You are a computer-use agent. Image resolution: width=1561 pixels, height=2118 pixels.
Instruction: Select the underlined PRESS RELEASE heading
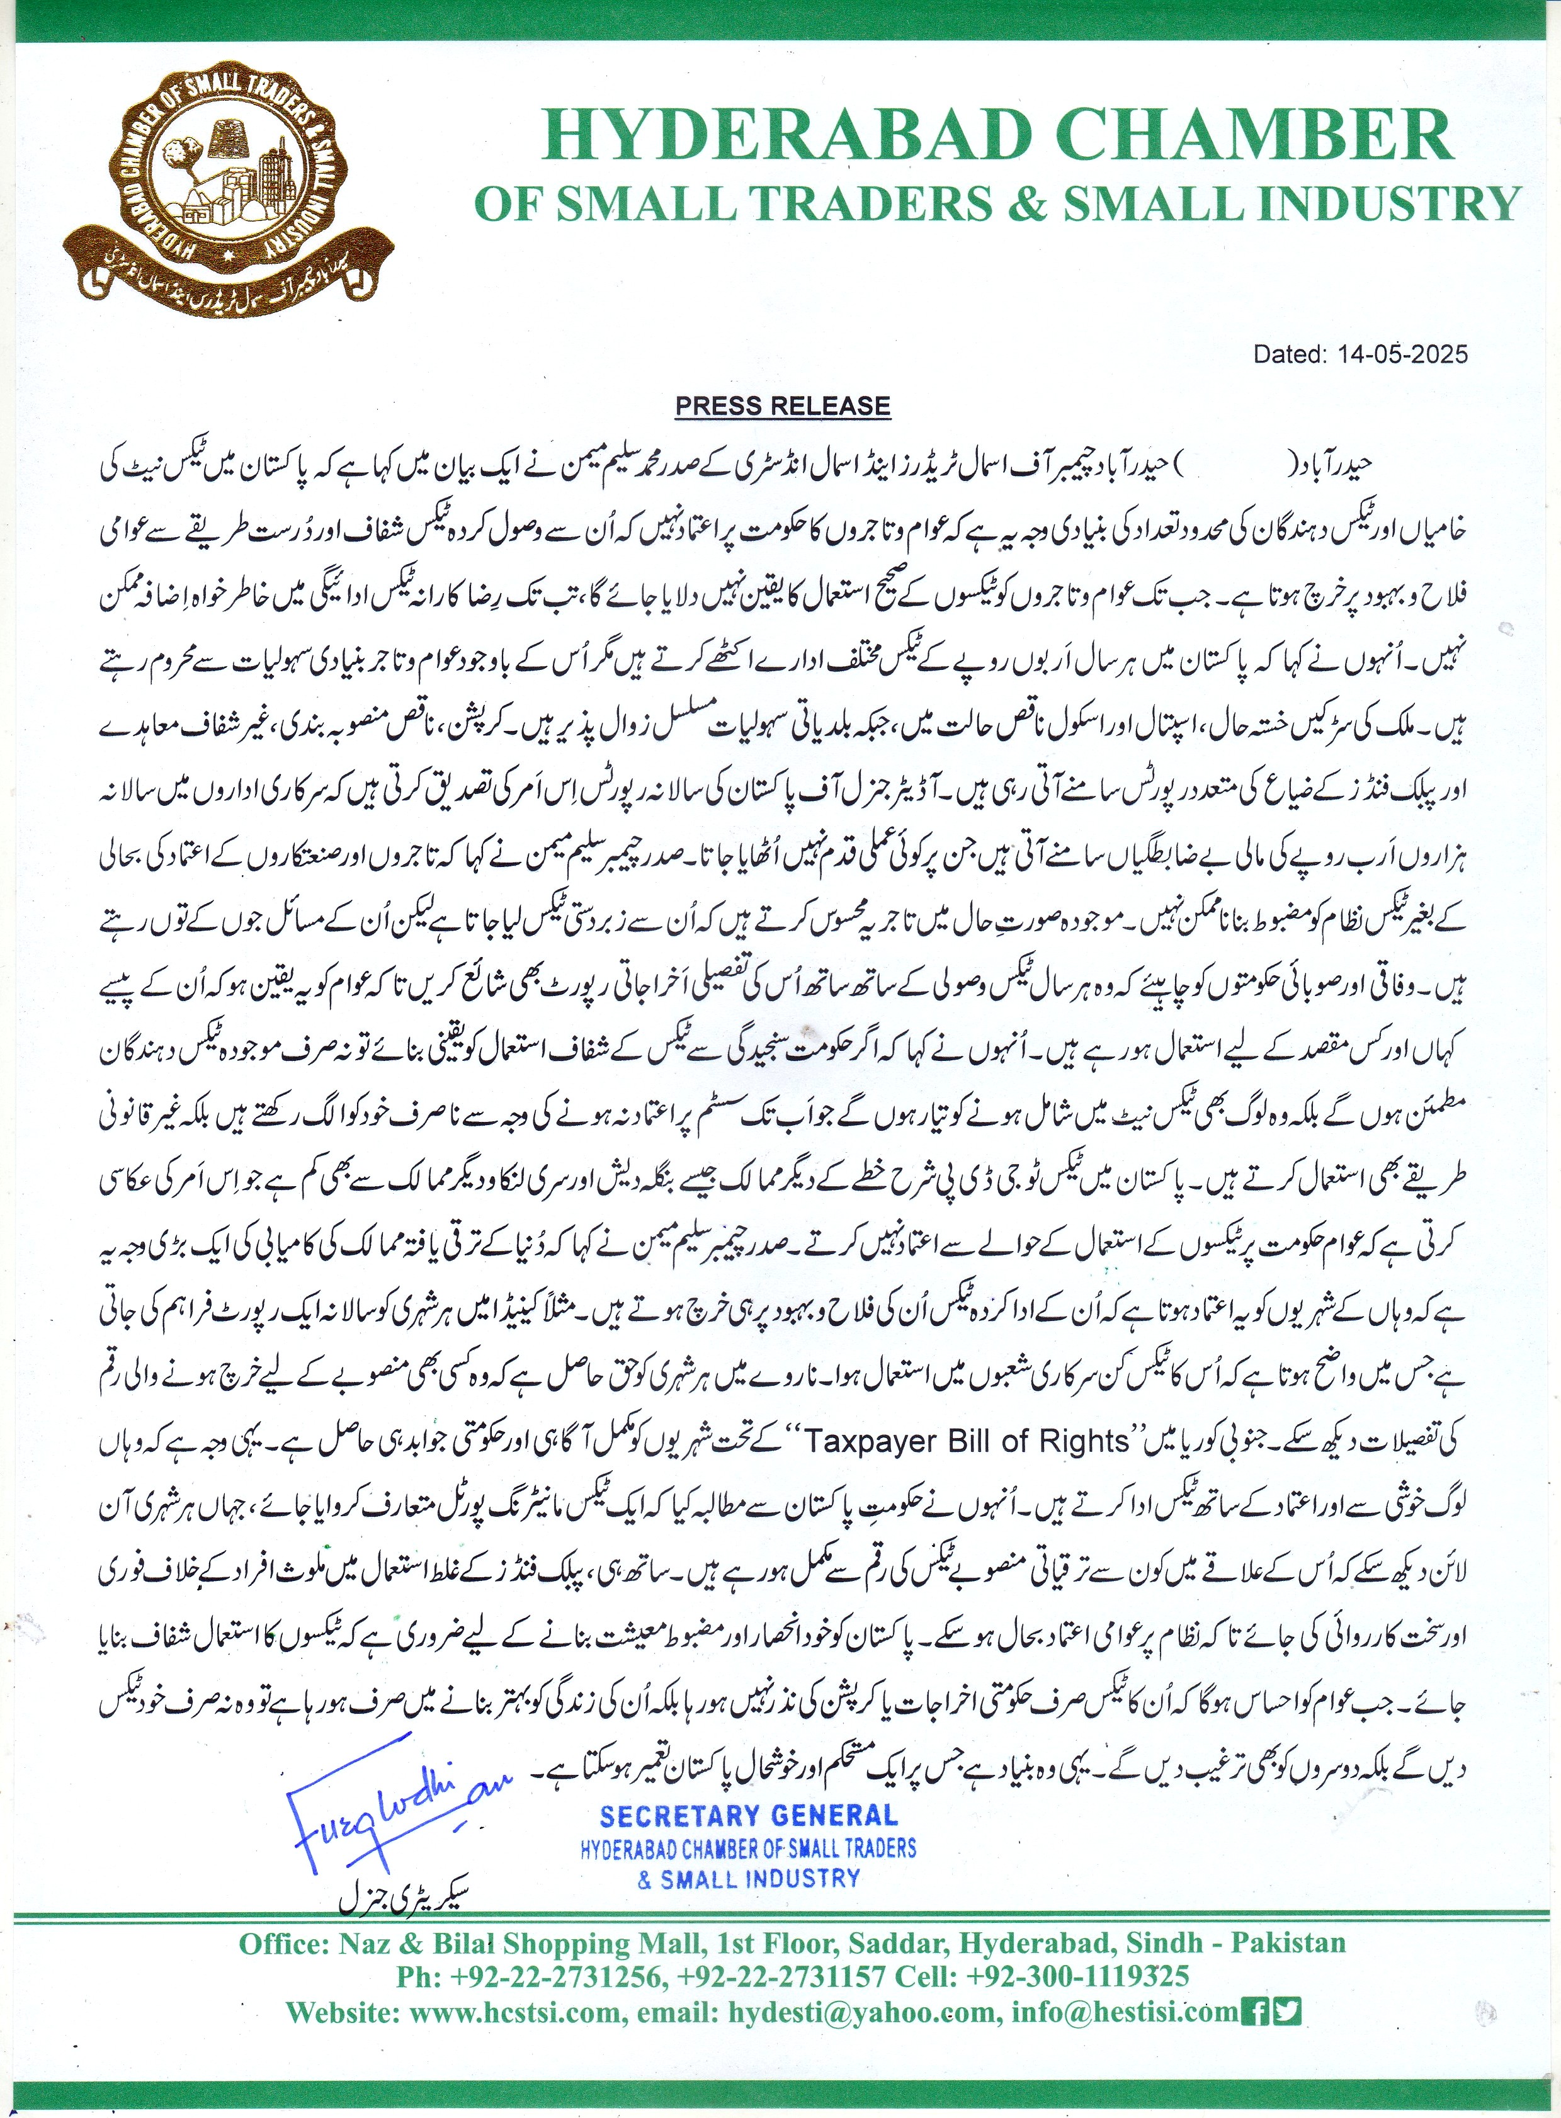(783, 406)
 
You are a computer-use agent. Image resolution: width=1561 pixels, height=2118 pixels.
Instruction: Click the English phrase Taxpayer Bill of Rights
(968, 1442)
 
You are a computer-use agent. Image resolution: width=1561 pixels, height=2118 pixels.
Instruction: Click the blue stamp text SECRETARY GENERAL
(748, 1814)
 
